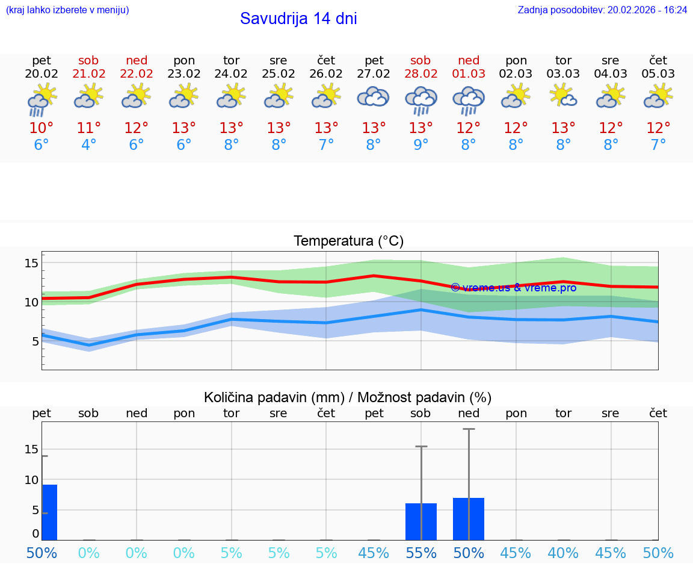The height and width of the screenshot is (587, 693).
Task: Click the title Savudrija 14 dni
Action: pos(298,19)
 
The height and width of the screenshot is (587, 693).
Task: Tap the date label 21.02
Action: pos(89,74)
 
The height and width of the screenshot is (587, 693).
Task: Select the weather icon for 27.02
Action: pos(374,98)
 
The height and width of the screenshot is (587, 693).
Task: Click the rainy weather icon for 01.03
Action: pos(469,100)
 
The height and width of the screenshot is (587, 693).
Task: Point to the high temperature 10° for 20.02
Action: pos(42,128)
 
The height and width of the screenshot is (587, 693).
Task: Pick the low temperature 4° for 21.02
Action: pos(89,145)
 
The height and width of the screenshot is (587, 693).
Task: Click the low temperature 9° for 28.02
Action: pos(421,145)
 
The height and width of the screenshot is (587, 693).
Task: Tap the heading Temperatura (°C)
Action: pos(348,241)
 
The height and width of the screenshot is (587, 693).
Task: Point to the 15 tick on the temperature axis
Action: pos(31,263)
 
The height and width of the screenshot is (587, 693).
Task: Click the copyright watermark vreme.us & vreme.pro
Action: pos(513,288)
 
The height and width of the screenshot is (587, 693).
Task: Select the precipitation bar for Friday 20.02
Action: pos(49,512)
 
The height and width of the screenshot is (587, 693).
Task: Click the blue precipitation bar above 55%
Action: pos(421,522)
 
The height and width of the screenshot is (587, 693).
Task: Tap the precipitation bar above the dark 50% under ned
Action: pos(469,519)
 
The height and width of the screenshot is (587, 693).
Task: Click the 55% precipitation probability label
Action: pos(421,553)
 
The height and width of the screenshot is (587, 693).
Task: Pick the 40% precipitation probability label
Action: pos(564,553)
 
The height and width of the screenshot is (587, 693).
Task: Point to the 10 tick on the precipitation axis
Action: pos(31,480)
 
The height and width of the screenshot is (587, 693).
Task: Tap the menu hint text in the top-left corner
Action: pos(67,10)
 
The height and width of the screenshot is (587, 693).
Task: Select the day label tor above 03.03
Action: pos(564,60)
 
